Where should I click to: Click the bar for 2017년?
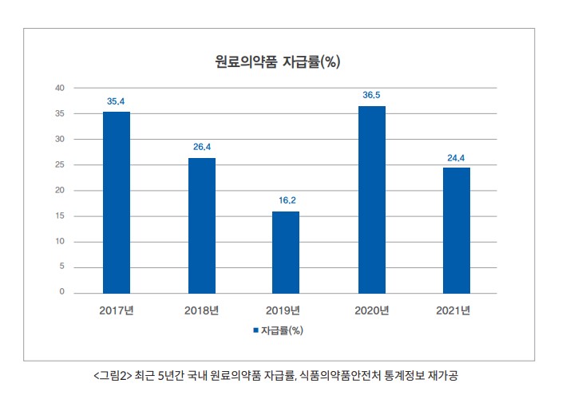(x=117, y=202)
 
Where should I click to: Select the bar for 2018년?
(x=202, y=225)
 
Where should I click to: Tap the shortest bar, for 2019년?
(x=285, y=252)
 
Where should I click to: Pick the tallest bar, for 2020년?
(x=372, y=200)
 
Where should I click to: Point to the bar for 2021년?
(x=457, y=230)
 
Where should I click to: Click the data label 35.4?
(x=117, y=101)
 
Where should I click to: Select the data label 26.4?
(x=202, y=147)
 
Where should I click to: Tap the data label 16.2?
(x=286, y=200)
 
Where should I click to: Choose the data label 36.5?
(x=372, y=95)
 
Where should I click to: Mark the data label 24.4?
(x=457, y=156)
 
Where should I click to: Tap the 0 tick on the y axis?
(x=61, y=292)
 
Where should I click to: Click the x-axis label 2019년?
(x=285, y=310)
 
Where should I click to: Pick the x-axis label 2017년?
(x=117, y=310)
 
